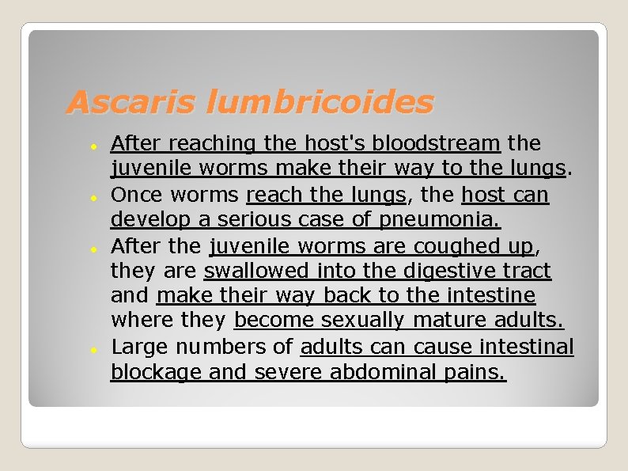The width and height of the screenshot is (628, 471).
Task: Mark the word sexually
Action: [x=361, y=320]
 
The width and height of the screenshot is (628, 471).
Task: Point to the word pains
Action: [x=476, y=372]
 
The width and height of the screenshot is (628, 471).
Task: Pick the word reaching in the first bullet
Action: [x=212, y=143]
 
